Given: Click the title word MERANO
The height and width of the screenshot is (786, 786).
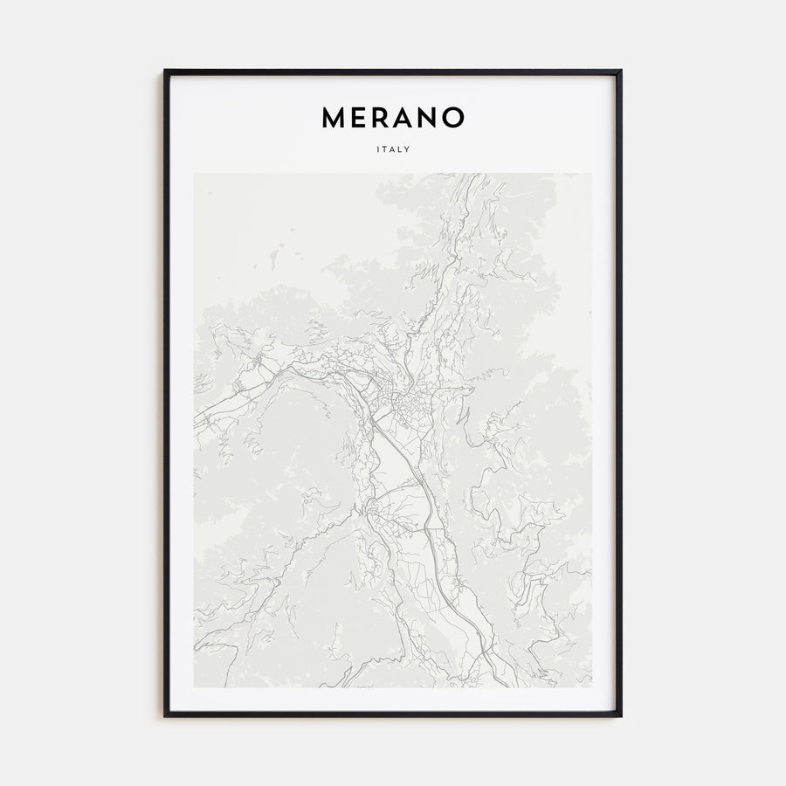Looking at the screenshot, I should [393, 118].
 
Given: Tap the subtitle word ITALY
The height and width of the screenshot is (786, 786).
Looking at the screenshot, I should [393, 149].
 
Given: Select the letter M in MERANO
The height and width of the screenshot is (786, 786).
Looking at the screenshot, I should [334, 118].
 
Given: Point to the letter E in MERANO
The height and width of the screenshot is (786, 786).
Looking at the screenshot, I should [361, 118].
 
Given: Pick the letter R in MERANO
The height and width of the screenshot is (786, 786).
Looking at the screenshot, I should [382, 118].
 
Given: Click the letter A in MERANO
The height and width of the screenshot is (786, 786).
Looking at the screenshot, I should [404, 118].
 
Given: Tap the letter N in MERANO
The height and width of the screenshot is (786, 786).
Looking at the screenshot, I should [428, 118].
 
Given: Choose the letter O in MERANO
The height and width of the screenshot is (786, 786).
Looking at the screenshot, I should [453, 118].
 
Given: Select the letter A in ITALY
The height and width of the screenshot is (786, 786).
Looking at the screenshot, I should [393, 149].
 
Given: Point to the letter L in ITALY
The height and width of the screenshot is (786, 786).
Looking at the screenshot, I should [401, 149].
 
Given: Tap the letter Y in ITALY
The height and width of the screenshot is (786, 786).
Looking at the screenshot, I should [408, 149].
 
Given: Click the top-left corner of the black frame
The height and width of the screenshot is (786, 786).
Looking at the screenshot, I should [165, 71].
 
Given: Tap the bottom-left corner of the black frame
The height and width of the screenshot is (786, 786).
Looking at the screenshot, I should [165, 715].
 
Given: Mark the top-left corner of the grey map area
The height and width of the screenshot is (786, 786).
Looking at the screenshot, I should [195, 174].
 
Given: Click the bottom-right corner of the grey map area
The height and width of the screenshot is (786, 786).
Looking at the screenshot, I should [591, 686].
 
